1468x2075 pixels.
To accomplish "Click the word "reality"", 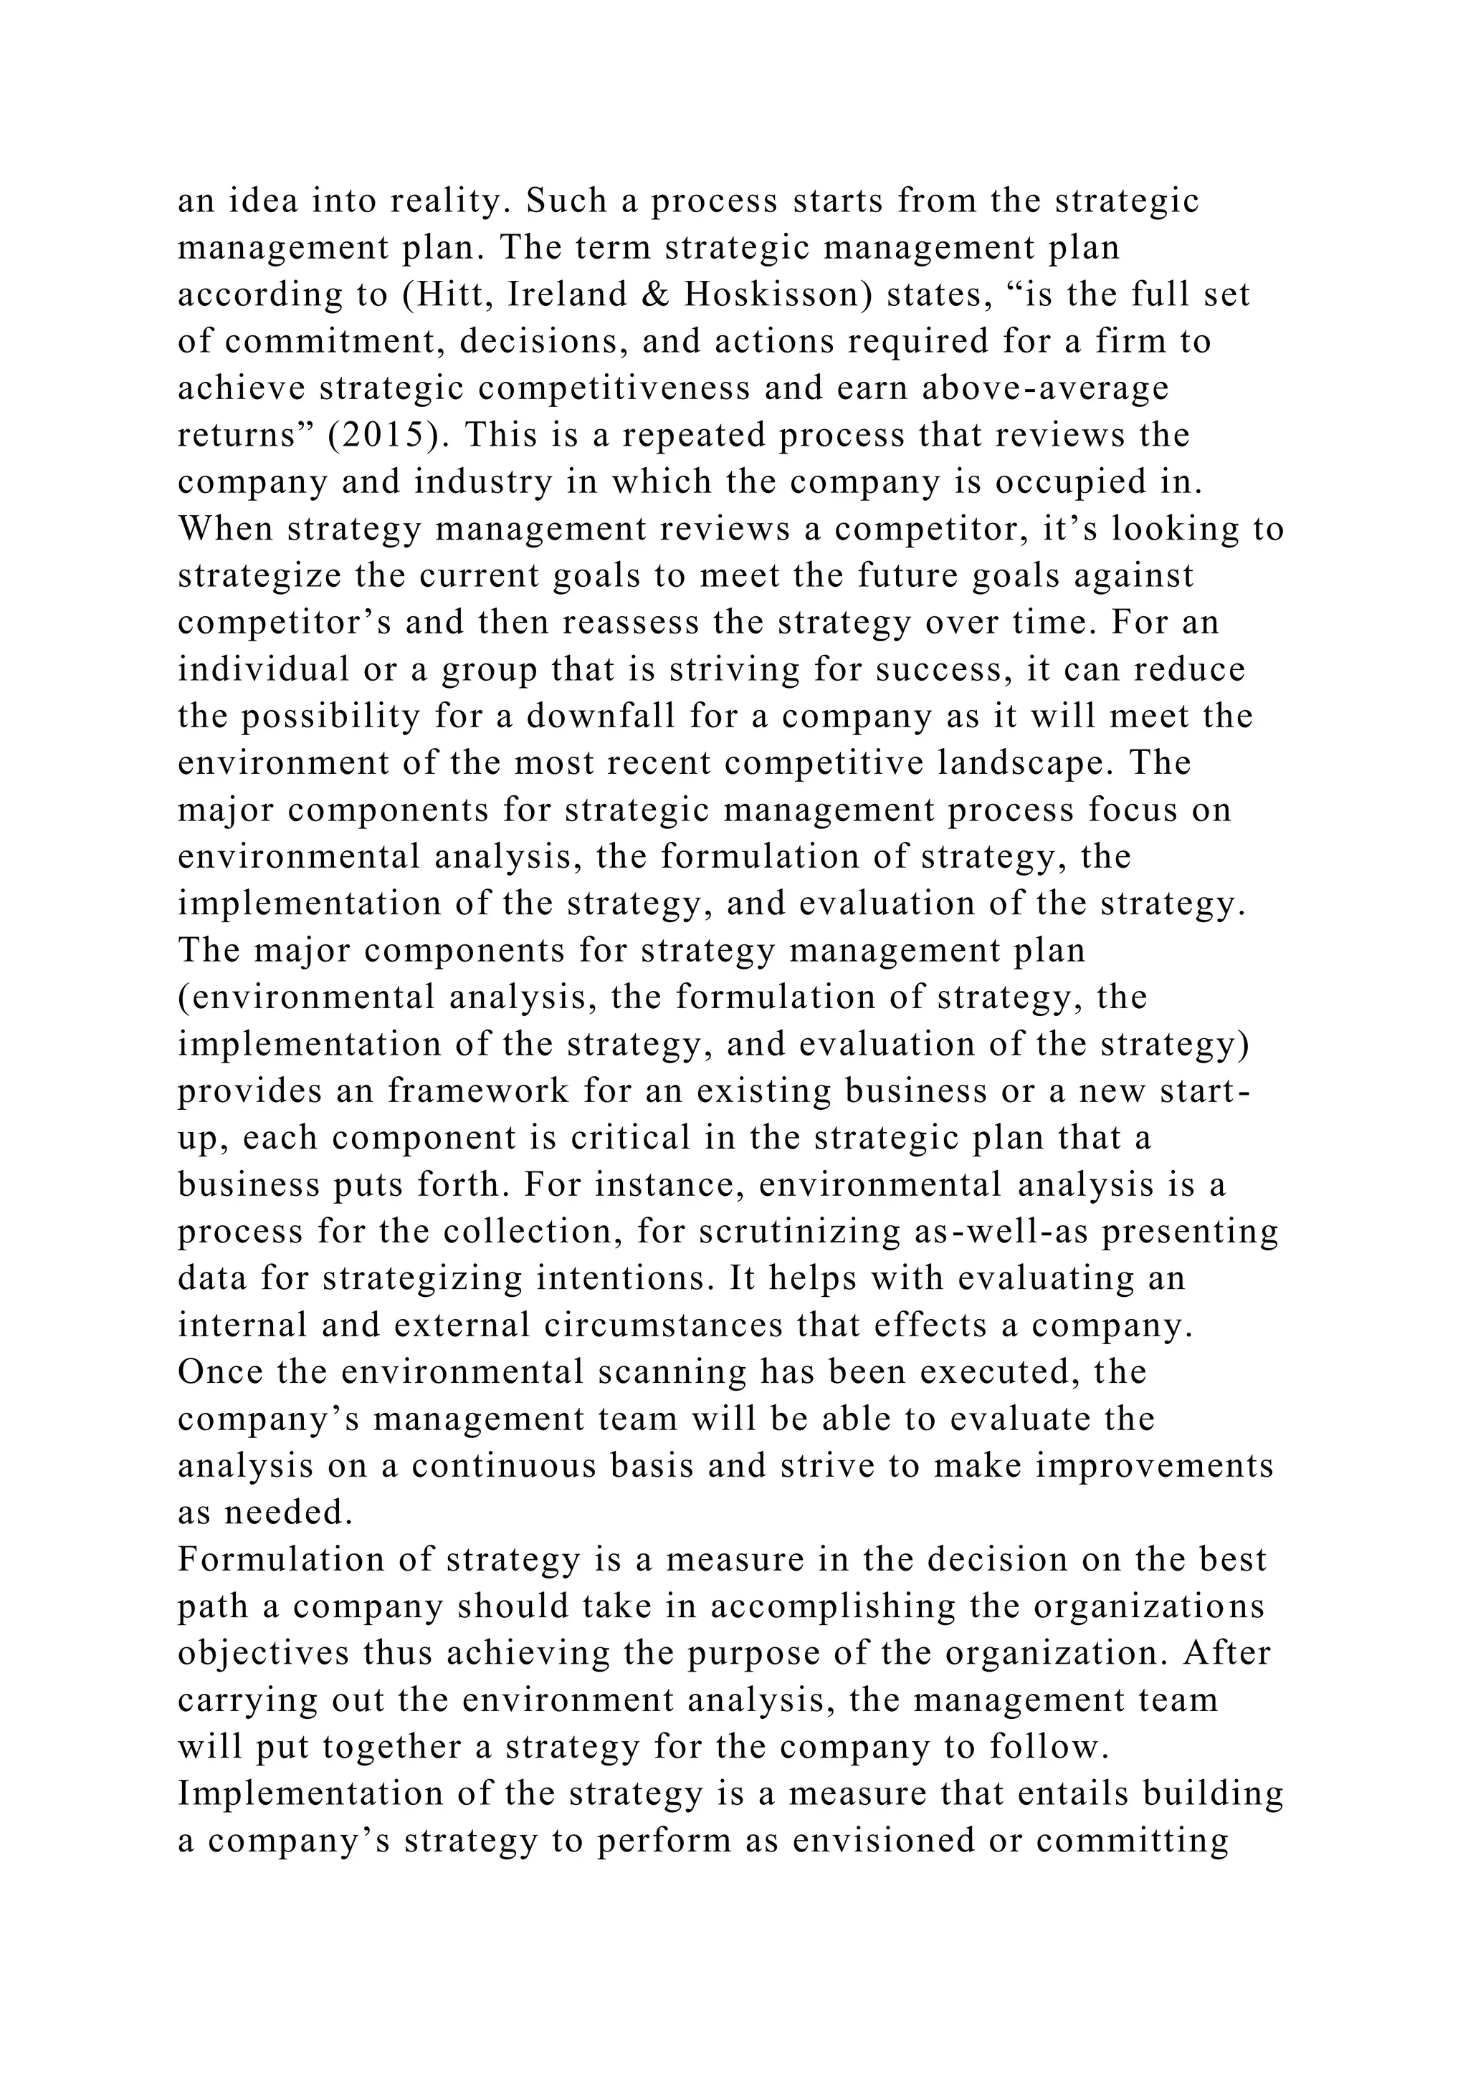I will click(x=442, y=201).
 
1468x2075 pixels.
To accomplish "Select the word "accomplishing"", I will click(x=832, y=1606).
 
